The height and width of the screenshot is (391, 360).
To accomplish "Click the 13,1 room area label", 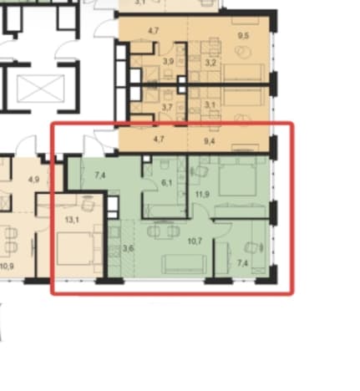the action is [x=72, y=220].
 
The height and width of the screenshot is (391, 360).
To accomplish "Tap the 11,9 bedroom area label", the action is [x=202, y=194].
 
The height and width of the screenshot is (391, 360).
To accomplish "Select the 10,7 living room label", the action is [x=195, y=241].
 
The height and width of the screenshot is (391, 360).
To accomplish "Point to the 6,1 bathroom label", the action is [x=166, y=183].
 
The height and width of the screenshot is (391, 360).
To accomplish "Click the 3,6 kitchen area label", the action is [x=128, y=248].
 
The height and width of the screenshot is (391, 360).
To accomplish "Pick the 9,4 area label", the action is [x=210, y=141].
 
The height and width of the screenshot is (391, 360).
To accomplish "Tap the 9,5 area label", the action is [x=243, y=36].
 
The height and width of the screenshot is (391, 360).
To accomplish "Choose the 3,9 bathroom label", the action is [x=168, y=61].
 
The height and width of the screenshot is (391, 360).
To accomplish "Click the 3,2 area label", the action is [x=210, y=63].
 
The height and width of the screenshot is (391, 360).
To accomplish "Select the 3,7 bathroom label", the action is [x=167, y=107].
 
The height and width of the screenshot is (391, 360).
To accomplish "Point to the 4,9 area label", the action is [x=33, y=180].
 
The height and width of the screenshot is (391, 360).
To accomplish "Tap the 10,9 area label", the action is [x=7, y=267].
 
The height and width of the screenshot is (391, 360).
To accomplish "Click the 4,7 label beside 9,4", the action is [x=159, y=139].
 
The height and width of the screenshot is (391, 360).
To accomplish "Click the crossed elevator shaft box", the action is [x=41, y=89].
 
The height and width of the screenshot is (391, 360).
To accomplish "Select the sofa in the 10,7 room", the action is [x=184, y=264].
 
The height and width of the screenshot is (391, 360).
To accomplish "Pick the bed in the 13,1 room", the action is [x=74, y=249].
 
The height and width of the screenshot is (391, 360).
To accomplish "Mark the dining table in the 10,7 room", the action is [x=164, y=230].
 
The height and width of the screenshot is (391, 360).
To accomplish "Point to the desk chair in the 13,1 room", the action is [x=88, y=205].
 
